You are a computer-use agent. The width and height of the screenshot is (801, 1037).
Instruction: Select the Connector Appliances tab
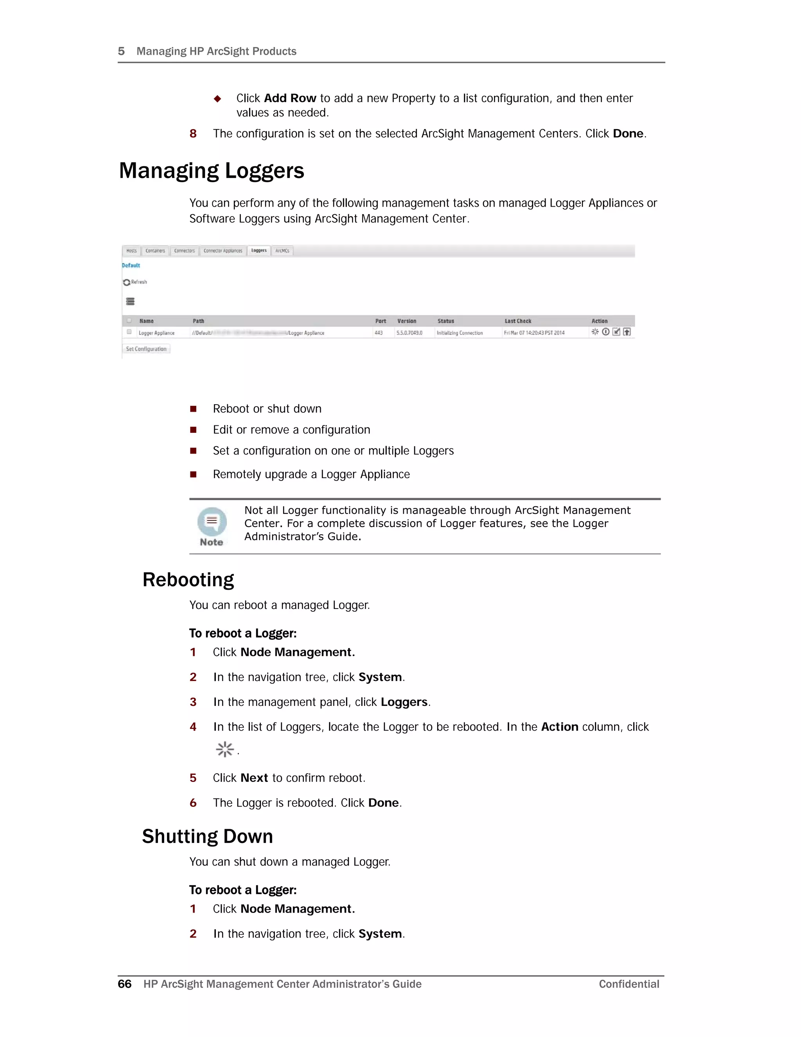(223, 251)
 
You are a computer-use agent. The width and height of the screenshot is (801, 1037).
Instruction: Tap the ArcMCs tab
(282, 251)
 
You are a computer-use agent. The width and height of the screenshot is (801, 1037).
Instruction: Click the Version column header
(406, 321)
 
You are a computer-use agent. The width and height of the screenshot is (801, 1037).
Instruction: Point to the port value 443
(378, 333)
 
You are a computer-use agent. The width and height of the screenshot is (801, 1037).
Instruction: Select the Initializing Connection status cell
(459, 333)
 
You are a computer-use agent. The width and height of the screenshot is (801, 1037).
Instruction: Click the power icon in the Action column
(605, 332)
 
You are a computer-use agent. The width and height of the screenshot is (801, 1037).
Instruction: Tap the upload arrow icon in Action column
(627, 332)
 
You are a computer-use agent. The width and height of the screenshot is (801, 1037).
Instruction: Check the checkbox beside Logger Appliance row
(129, 332)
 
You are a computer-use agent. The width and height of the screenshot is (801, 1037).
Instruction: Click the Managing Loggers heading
(211, 171)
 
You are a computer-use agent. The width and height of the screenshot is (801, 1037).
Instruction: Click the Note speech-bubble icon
(212, 521)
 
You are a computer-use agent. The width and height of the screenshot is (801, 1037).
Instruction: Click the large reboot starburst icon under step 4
(224, 749)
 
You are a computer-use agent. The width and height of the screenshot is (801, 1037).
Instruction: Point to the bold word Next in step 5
(254, 778)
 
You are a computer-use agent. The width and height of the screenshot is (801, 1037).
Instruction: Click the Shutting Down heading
(207, 836)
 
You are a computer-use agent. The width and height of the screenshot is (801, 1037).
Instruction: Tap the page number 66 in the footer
(124, 984)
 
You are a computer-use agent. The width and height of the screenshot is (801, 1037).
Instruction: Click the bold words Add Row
(289, 98)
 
